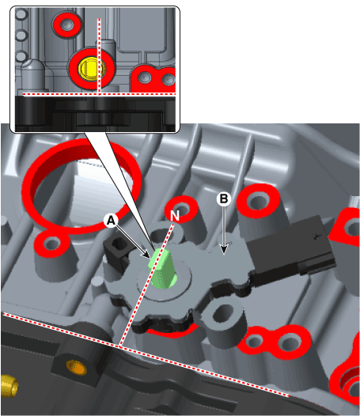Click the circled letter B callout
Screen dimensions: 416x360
224,199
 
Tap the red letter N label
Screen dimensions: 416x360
174,214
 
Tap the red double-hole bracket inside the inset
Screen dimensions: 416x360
154,79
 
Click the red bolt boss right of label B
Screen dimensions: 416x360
258,202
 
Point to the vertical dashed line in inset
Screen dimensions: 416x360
98,47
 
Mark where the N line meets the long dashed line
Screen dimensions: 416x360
121,346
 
